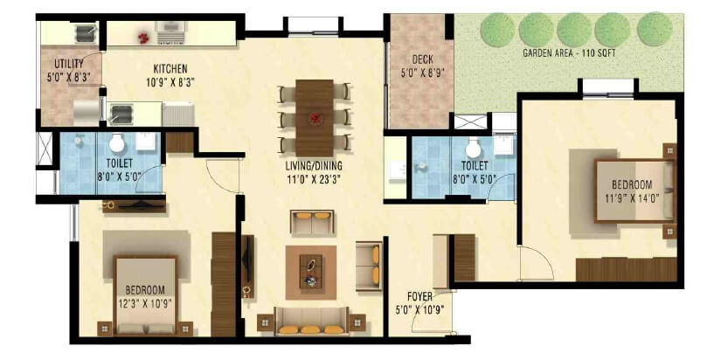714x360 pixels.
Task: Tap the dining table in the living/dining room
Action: (x=315, y=114)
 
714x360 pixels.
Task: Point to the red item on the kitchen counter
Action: (x=143, y=36)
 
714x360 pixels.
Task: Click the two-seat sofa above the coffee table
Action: (x=312, y=222)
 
